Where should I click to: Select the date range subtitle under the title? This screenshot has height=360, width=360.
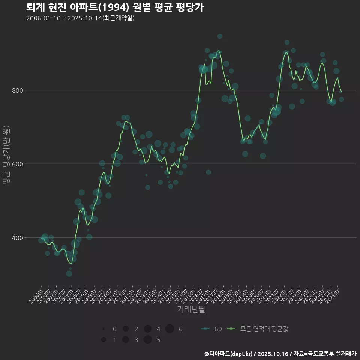[80, 18]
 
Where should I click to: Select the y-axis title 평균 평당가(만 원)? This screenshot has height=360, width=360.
[6, 155]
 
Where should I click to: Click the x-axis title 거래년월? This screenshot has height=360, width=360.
[191, 309]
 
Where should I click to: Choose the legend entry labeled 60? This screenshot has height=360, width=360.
[212, 329]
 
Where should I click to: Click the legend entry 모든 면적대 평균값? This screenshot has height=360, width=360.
[259, 329]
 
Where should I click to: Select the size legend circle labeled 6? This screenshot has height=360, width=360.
[169, 329]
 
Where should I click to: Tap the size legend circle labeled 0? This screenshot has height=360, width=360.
[103, 329]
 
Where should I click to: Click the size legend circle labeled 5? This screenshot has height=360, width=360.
[147, 340]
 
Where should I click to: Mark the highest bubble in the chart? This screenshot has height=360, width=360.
[220, 36]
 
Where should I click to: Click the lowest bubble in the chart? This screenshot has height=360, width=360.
[69, 273]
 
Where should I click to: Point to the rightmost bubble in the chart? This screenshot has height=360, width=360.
[341, 99]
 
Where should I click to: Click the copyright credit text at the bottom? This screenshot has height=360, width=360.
[280, 354]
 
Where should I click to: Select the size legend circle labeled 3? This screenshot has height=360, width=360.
[125, 340]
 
